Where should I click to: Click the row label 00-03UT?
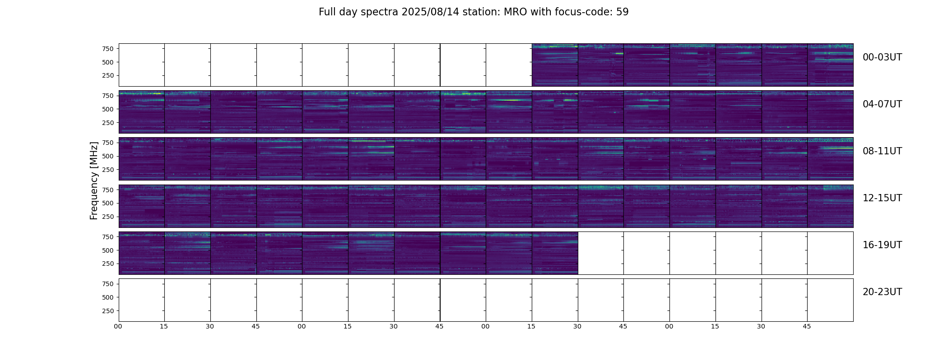[x=882, y=57]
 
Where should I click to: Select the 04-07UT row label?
[x=882, y=104]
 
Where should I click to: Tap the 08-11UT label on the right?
[x=882, y=151]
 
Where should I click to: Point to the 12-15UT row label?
[x=882, y=198]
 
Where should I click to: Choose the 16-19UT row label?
[x=882, y=245]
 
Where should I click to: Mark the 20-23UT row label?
[x=882, y=292]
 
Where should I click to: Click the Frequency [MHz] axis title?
[x=94, y=180]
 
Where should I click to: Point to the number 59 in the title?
[x=623, y=12]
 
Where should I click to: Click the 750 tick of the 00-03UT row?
[x=108, y=49]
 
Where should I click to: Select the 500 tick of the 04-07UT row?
[x=108, y=109]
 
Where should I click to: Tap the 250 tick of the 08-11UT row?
[x=108, y=170]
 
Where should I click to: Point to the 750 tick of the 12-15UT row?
[x=108, y=190]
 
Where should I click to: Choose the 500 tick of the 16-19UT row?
[x=108, y=250]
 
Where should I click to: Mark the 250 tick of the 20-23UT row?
[x=108, y=311]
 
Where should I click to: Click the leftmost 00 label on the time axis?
[x=118, y=327]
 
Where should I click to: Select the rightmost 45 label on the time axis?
[x=807, y=327]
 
